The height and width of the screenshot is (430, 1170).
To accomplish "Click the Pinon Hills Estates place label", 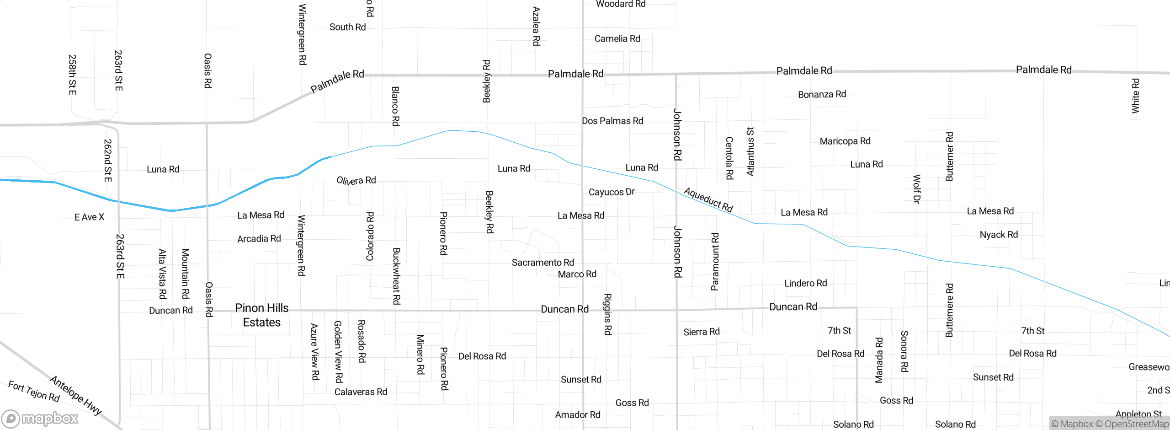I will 261,315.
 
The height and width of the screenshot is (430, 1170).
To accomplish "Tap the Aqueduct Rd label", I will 708,200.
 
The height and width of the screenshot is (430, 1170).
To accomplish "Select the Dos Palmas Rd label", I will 612,121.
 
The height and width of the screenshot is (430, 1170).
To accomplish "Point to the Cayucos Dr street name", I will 612,192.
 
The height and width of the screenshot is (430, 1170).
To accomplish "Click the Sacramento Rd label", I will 542,263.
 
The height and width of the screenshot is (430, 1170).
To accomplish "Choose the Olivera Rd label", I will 356,181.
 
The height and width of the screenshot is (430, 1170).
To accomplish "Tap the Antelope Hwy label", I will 76,395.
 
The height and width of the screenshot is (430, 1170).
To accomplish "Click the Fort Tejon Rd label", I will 34,392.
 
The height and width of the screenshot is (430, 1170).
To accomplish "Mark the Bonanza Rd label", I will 822,95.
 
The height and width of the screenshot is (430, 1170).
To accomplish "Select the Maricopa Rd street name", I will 845,141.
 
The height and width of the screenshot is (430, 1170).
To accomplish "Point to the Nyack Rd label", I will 999,235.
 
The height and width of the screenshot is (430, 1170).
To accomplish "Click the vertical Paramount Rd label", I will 715,262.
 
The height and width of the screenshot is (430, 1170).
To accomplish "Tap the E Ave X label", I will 89,217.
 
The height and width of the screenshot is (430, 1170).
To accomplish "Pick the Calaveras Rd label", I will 361,392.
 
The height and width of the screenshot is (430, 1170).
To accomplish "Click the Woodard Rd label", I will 621,4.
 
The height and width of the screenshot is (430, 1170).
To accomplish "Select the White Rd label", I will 1135,96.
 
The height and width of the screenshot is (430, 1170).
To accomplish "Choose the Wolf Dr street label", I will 917,188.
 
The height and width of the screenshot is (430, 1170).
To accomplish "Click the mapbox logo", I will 40,418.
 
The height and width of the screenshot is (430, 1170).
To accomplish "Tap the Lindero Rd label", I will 805,284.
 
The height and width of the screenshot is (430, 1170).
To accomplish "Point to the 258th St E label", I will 72,75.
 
